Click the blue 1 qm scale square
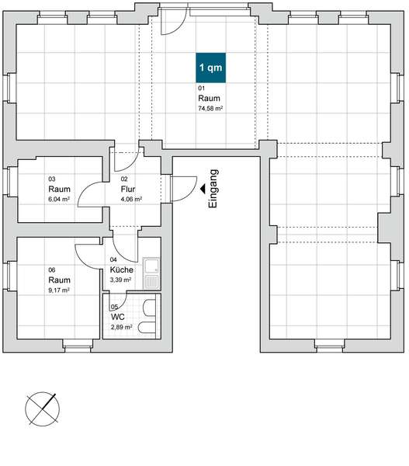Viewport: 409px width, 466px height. coord(210,68)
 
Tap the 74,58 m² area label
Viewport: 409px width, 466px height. coord(210,109)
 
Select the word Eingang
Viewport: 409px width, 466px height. coord(213,189)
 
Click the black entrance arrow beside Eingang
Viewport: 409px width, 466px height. coord(203,189)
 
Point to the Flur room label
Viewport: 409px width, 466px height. coord(128,189)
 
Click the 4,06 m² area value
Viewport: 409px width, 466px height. coord(131,199)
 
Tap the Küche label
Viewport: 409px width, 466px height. coord(122,270)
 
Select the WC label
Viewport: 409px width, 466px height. coord(118,317)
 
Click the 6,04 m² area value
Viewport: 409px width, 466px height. coord(59,199)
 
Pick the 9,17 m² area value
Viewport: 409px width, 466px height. coord(59,290)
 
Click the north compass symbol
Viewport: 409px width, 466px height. coord(42,409)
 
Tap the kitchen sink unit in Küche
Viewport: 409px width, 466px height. coord(151,273)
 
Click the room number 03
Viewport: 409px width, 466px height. coord(52,179)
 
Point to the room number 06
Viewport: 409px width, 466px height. coord(52,270)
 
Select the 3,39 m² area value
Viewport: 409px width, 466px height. coord(120,280)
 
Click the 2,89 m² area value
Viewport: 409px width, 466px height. coord(122,327)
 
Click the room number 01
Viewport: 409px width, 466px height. coord(201,88)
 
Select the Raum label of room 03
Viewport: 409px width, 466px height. coord(60,189)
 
